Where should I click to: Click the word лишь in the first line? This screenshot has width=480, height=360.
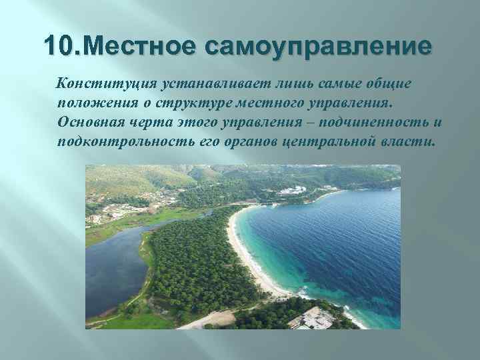click(x=284, y=83)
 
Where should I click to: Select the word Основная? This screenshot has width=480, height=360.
click(x=89, y=123)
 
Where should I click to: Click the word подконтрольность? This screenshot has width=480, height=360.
click(x=125, y=143)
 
